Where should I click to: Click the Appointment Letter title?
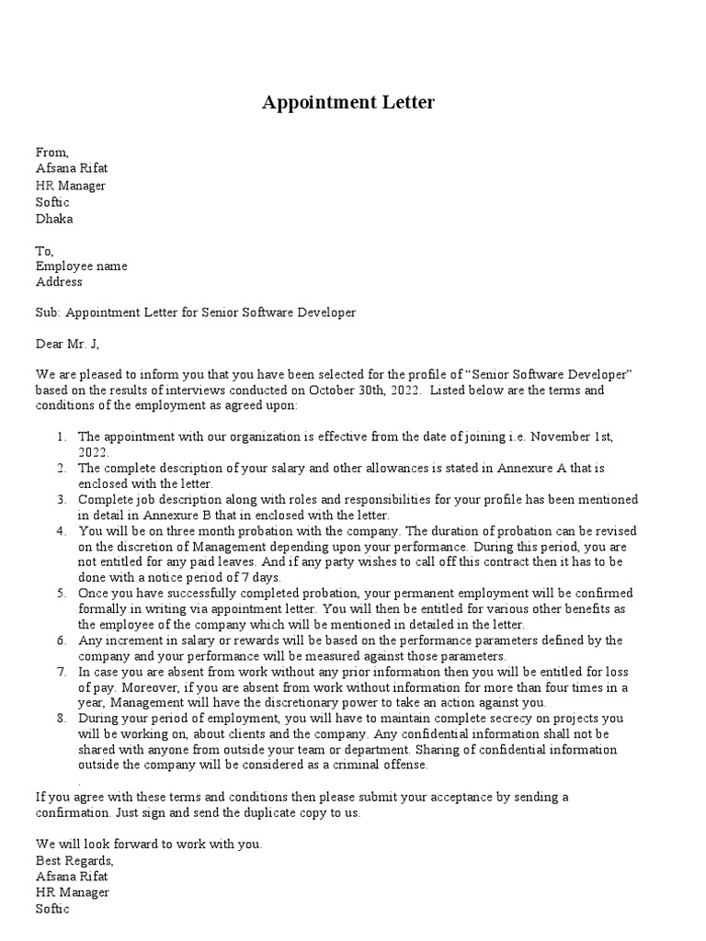(347, 103)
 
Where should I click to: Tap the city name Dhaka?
(54, 219)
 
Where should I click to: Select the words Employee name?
(81, 266)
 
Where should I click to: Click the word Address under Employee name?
(59, 282)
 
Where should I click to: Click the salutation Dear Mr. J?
(67, 344)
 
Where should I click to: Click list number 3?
(60, 499)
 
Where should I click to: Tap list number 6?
(60, 641)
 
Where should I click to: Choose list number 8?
(60, 719)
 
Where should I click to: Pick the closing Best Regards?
(74, 860)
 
